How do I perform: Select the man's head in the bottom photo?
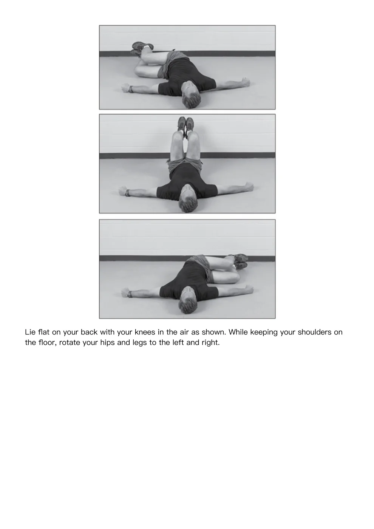[x=188, y=300]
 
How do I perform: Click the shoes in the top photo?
[x=142, y=49]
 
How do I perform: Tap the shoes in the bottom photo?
[x=240, y=261]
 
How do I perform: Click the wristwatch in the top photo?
[x=130, y=89]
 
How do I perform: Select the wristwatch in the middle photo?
[x=128, y=193]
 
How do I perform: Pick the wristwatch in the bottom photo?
[x=130, y=294]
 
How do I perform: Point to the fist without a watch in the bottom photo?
[x=249, y=289]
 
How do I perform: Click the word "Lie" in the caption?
[x=30, y=332]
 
